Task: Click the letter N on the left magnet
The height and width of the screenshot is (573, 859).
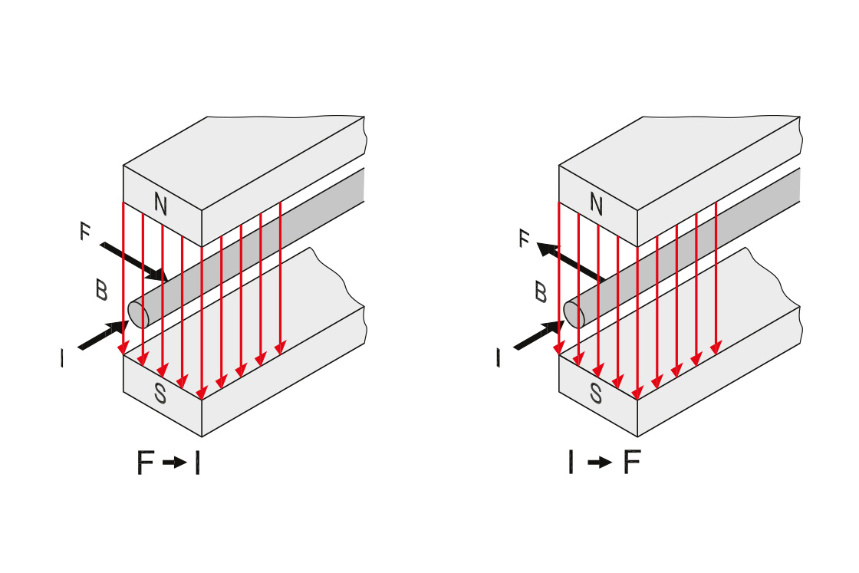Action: tap(160, 203)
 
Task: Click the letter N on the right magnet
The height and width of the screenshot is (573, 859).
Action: tap(596, 203)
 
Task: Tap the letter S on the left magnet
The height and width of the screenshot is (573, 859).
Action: tap(160, 394)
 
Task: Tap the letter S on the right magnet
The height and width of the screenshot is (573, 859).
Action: tap(596, 394)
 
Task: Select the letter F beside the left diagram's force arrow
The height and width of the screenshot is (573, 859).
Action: tap(85, 232)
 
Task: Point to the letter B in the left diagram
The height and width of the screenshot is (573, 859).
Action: tap(100, 290)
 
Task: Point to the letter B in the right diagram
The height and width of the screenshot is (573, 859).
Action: tap(540, 292)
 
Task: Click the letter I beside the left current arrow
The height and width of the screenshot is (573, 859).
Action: tap(63, 357)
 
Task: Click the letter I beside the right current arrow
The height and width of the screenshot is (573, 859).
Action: tap(499, 357)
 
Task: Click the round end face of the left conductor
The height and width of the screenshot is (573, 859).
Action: tap(138, 314)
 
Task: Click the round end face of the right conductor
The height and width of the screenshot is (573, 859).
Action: tap(574, 313)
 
